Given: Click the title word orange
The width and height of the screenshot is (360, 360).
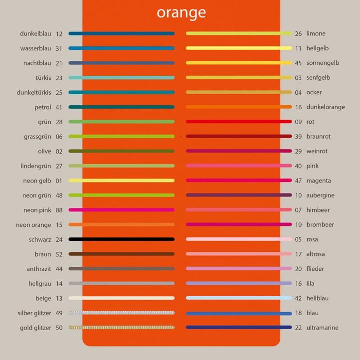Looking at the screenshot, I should [x=181, y=12].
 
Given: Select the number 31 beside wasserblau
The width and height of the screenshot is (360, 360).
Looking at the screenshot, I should [x=59, y=48].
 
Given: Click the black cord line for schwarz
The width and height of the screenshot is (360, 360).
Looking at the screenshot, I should [x=122, y=239].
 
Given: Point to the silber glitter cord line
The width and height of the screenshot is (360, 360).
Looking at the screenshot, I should [x=122, y=313].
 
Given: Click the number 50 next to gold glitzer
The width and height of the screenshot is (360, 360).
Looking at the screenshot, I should [x=59, y=328].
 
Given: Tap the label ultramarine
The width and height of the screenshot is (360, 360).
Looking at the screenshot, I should [x=322, y=328].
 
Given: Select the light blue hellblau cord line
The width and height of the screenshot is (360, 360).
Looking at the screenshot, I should [x=239, y=298].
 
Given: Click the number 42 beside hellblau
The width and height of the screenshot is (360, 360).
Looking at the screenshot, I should [x=298, y=298].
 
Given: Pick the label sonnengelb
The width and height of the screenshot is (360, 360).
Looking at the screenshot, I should [x=323, y=63].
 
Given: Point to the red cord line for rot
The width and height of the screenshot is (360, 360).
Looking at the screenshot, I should [x=239, y=122].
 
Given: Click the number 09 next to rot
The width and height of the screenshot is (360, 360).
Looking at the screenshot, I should [x=298, y=122].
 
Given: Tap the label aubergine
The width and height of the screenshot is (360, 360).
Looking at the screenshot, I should [x=320, y=195].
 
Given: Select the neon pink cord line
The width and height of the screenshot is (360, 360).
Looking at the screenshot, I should [x=122, y=210].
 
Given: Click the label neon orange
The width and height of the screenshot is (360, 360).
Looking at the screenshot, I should [x=33, y=225].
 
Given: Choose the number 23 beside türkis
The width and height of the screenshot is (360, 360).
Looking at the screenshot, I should [x=59, y=78].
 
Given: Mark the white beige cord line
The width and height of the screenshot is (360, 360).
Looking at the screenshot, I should [x=122, y=298].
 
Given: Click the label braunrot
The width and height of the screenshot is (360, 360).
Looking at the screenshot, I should [x=318, y=137].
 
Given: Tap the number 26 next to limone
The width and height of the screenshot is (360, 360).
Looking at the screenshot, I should [x=298, y=34].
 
